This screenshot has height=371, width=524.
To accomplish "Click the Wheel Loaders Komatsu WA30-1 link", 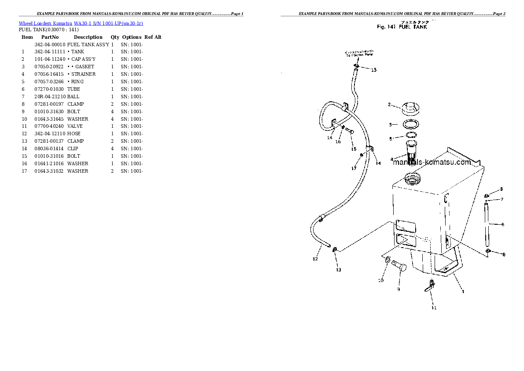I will click(81, 23).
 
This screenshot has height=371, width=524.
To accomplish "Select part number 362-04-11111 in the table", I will click(50, 52).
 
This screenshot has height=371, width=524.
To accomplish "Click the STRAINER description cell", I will click(82, 74).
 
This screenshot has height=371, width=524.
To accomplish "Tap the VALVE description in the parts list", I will click(75, 126).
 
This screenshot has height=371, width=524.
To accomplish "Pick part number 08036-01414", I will click(50, 148).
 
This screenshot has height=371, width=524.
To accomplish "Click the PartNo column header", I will click(50, 37).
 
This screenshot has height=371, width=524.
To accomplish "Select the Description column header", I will click(88, 37).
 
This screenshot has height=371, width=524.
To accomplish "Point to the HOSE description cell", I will click(74, 134).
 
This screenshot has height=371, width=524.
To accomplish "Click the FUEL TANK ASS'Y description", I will click(88, 45).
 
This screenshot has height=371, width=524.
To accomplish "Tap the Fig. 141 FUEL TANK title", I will click(402, 27).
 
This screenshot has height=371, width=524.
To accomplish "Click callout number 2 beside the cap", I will click(389, 104).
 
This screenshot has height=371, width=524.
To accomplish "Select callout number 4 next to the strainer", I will click(391, 160).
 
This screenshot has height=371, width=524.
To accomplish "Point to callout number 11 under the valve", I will click(434, 308).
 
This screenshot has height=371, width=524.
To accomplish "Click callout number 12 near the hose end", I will click(315, 259).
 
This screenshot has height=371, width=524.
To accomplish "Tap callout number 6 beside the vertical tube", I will click(502, 224).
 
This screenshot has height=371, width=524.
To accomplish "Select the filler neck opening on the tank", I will click(412, 179).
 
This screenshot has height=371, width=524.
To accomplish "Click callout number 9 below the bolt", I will click(399, 289).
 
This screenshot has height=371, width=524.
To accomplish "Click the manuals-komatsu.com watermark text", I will click(432, 162).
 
